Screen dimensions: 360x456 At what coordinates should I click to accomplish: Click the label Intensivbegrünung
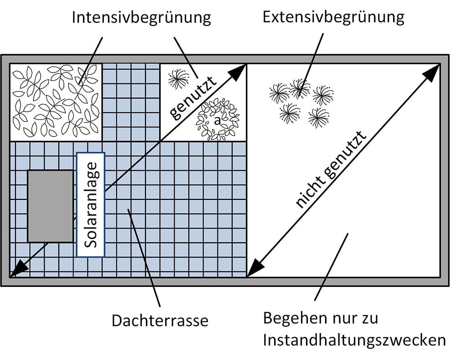point(141,18)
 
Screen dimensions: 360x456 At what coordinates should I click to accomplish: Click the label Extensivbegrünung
point(333,17)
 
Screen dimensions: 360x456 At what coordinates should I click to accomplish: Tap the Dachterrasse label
point(160,320)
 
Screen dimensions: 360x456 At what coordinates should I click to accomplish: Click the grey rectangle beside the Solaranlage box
point(50,206)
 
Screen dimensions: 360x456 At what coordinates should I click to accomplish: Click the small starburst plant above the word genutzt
point(177,79)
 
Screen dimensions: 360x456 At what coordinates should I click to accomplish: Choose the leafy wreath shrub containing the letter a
point(218,120)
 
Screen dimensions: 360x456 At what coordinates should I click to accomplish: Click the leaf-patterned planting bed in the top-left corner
point(55,101)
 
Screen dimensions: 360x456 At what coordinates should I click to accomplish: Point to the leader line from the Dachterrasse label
point(144,258)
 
